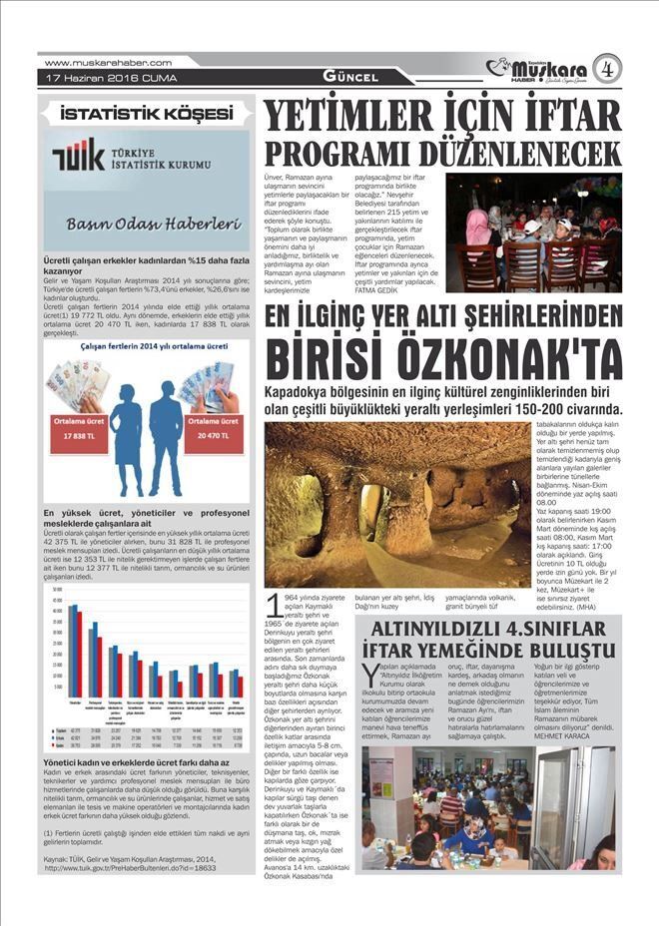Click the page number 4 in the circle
click(x=606, y=69)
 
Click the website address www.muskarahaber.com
click(x=109, y=63)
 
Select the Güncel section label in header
click(x=349, y=77)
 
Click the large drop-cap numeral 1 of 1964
click(x=273, y=605)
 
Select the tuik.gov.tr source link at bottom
click(x=130, y=867)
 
